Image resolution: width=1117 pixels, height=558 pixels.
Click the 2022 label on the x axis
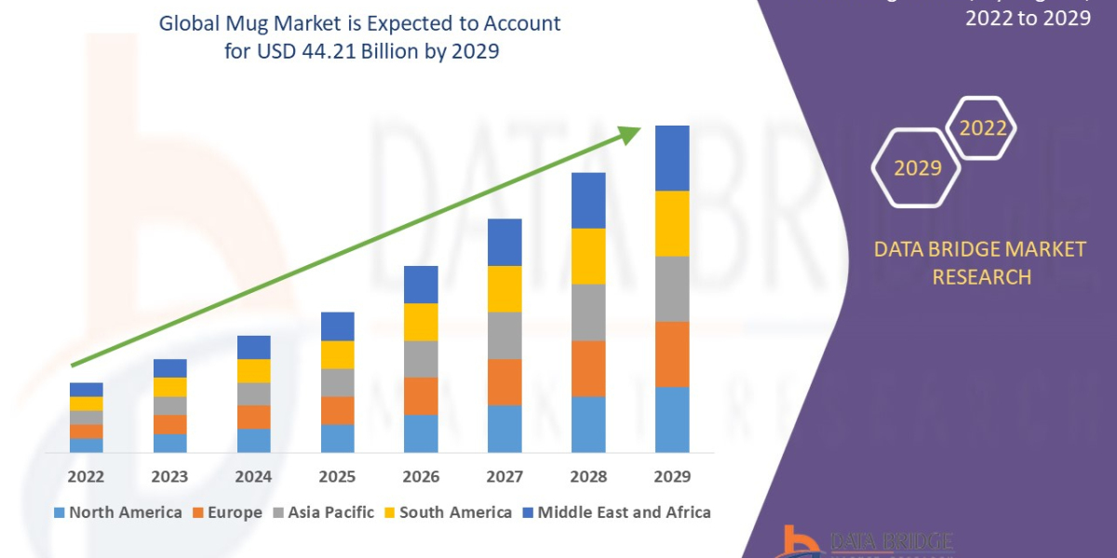click(x=86, y=477)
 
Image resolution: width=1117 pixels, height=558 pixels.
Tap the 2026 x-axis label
click(x=421, y=477)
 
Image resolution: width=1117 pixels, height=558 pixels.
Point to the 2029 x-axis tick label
click(x=672, y=477)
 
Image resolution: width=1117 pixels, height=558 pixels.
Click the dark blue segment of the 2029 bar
click(x=672, y=158)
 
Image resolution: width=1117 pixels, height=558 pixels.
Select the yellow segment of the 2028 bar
click(x=588, y=256)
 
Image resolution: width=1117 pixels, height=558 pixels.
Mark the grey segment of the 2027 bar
click(x=505, y=335)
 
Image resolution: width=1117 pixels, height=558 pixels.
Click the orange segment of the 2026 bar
click(x=421, y=395)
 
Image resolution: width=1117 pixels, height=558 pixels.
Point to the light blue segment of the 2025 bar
click(x=337, y=438)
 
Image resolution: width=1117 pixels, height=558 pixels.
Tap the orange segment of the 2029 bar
click(x=672, y=353)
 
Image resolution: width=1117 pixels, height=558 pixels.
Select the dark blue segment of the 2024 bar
click(x=253, y=347)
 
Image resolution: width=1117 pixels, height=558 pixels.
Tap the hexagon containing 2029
click(x=916, y=167)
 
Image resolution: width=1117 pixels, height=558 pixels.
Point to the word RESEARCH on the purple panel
click(x=981, y=276)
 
